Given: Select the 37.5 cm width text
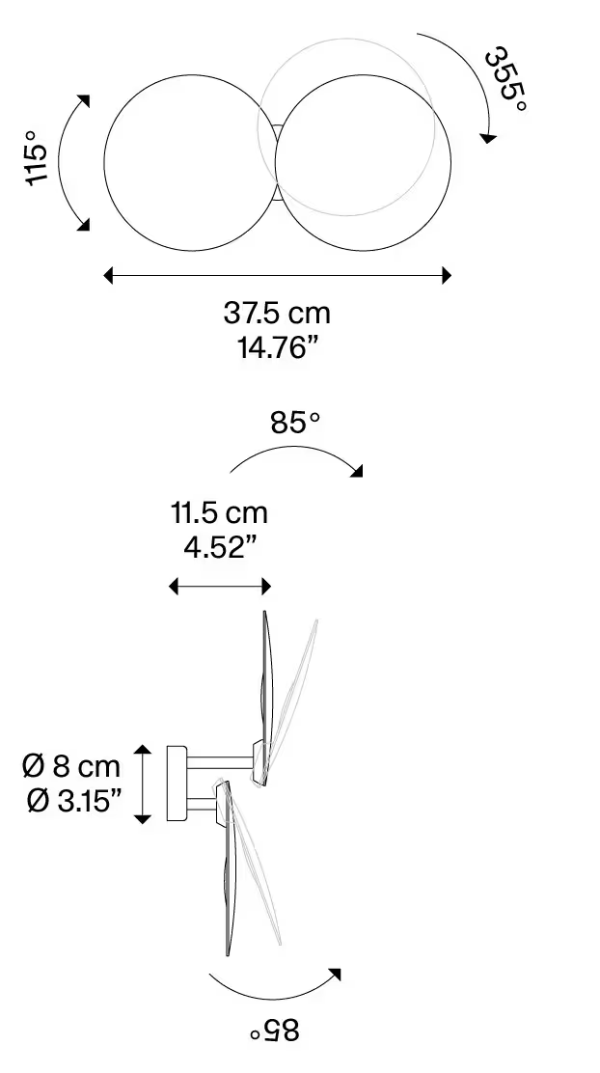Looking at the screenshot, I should (x=277, y=313).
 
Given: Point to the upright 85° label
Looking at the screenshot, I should (x=295, y=423).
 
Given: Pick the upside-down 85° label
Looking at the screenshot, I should (x=275, y=1032).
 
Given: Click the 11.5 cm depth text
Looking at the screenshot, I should (x=219, y=512).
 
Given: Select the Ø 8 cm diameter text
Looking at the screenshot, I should (x=71, y=767).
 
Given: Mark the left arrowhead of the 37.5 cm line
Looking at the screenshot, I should (x=109, y=276).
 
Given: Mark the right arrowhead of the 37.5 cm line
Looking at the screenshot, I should (x=446, y=276).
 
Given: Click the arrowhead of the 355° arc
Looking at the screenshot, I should (x=489, y=138).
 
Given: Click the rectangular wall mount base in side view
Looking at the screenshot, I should (x=177, y=784).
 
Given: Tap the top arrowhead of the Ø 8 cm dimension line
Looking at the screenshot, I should (x=143, y=751).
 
